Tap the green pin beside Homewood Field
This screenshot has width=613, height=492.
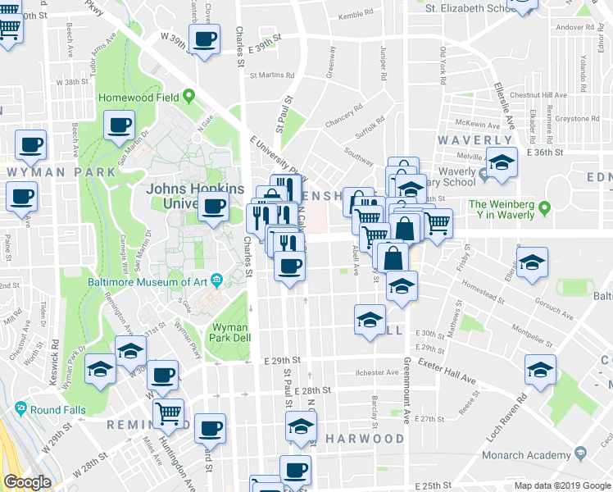(189, 97)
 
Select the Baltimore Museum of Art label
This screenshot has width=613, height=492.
(148, 281)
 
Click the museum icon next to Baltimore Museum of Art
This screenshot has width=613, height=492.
(216, 281)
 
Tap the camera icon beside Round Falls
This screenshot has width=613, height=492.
(20, 408)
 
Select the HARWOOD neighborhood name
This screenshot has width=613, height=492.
(365, 439)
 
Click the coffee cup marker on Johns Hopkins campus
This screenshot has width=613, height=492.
(214, 207)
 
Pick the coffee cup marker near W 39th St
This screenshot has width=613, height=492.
(204, 37)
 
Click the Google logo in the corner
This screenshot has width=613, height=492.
(28, 482)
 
